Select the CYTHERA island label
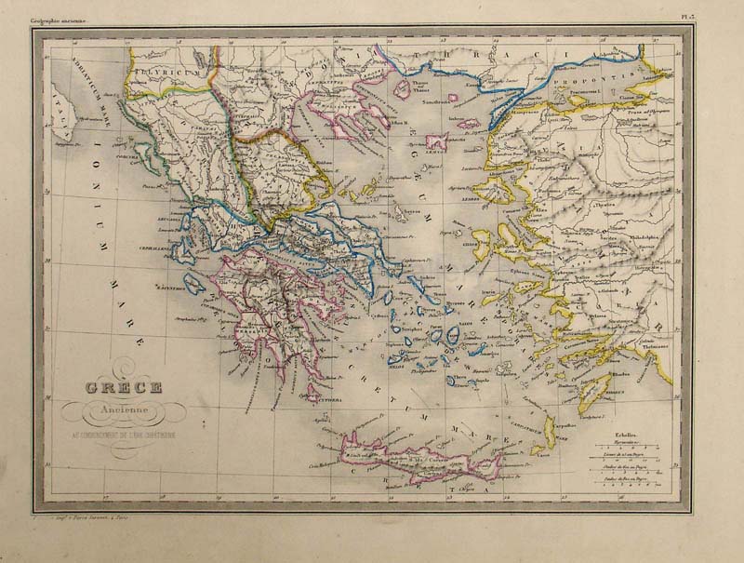316,404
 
